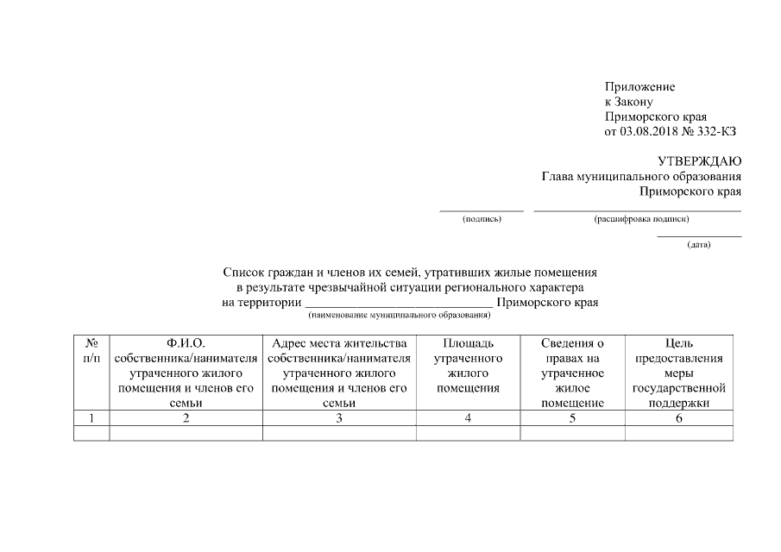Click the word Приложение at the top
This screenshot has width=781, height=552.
click(x=639, y=87)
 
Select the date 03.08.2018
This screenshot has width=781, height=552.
click(x=649, y=131)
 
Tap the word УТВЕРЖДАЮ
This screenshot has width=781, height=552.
click(x=699, y=161)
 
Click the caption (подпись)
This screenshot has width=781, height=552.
click(x=482, y=219)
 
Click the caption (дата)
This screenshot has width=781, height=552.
click(x=699, y=245)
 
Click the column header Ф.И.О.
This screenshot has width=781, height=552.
click(x=186, y=343)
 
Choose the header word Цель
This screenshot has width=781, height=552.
click(x=679, y=343)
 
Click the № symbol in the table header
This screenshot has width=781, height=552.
click(x=91, y=343)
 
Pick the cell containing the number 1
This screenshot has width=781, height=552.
click(x=91, y=418)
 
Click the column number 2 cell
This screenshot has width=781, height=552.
click(x=186, y=418)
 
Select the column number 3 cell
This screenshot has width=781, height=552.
click(x=339, y=418)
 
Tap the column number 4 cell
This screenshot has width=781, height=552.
click(x=468, y=418)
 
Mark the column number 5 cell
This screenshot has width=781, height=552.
click(x=571, y=418)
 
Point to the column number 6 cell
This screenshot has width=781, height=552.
click(x=679, y=418)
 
